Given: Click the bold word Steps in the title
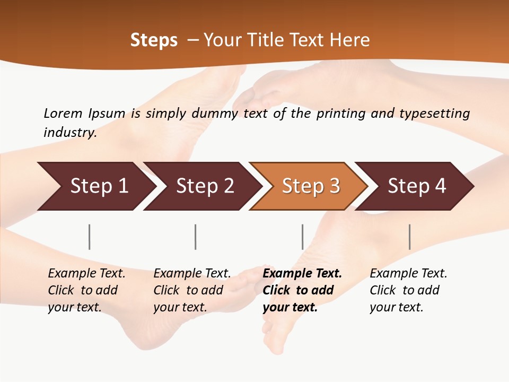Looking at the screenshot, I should [x=154, y=40].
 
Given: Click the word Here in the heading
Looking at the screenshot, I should [x=349, y=40].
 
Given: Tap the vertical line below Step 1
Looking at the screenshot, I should [x=89, y=237].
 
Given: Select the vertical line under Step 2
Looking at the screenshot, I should [x=195, y=237].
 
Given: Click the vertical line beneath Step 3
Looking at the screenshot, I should [x=302, y=237].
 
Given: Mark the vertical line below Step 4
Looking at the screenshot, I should [x=409, y=237].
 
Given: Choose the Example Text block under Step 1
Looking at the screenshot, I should [x=86, y=290].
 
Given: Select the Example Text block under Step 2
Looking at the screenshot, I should [x=192, y=290].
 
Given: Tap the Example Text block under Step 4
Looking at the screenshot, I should [x=408, y=290].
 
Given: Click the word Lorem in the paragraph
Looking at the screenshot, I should [x=63, y=113].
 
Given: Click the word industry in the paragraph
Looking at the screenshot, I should [x=69, y=132].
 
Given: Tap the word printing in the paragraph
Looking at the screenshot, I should [x=339, y=113].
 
